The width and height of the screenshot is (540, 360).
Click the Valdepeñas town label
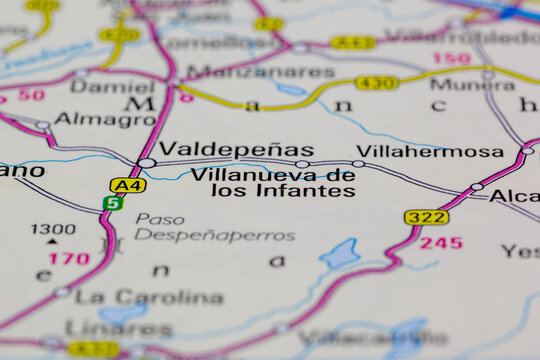[x=236, y=150]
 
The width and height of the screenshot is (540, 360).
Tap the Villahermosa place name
[x=430, y=151]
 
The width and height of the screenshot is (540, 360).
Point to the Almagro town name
[x=105, y=119]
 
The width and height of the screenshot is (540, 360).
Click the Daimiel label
[x=112, y=87]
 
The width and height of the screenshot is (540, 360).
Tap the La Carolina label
[x=149, y=297]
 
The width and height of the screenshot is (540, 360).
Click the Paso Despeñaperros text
[x=215, y=227]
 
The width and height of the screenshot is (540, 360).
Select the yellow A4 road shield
[x=128, y=185]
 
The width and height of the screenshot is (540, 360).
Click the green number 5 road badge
[x=113, y=203]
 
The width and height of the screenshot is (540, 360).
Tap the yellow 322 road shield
[x=426, y=217]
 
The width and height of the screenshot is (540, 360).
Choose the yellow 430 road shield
[x=377, y=83]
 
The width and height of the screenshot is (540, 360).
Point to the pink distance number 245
[x=440, y=243]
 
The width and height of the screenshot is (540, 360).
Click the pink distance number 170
[x=69, y=259]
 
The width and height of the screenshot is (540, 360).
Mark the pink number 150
[x=451, y=59]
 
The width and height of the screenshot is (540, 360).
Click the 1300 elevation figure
[x=53, y=229]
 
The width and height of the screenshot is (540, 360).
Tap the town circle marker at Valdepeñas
[x=147, y=162]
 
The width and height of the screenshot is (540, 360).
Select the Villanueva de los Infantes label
[x=272, y=182]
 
